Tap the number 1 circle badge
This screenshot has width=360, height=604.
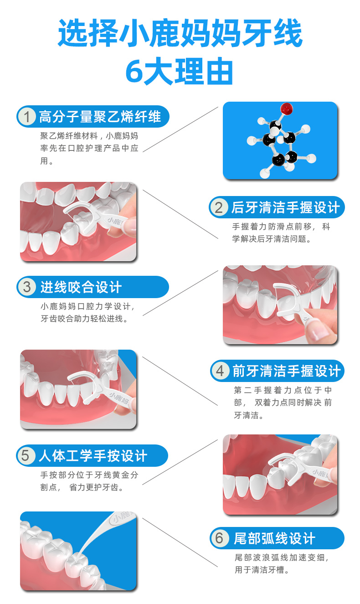click(27, 117)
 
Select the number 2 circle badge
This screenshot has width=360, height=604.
click(219, 208)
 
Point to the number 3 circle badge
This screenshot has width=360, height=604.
click(27, 287)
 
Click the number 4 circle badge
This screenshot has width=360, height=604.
click(220, 371)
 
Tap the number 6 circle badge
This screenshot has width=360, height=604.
click(220, 538)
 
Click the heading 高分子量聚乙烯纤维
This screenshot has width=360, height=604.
click(100, 117)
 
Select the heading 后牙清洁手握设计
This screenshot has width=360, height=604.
click(286, 208)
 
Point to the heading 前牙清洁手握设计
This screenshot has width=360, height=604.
click(287, 371)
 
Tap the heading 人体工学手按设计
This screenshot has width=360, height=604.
click(93, 455)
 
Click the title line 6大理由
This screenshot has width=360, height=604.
click(180, 72)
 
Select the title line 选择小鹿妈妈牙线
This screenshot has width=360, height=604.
click(180, 34)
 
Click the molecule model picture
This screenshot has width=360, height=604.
click(280, 140)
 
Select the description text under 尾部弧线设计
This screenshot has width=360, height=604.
click(281, 563)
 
